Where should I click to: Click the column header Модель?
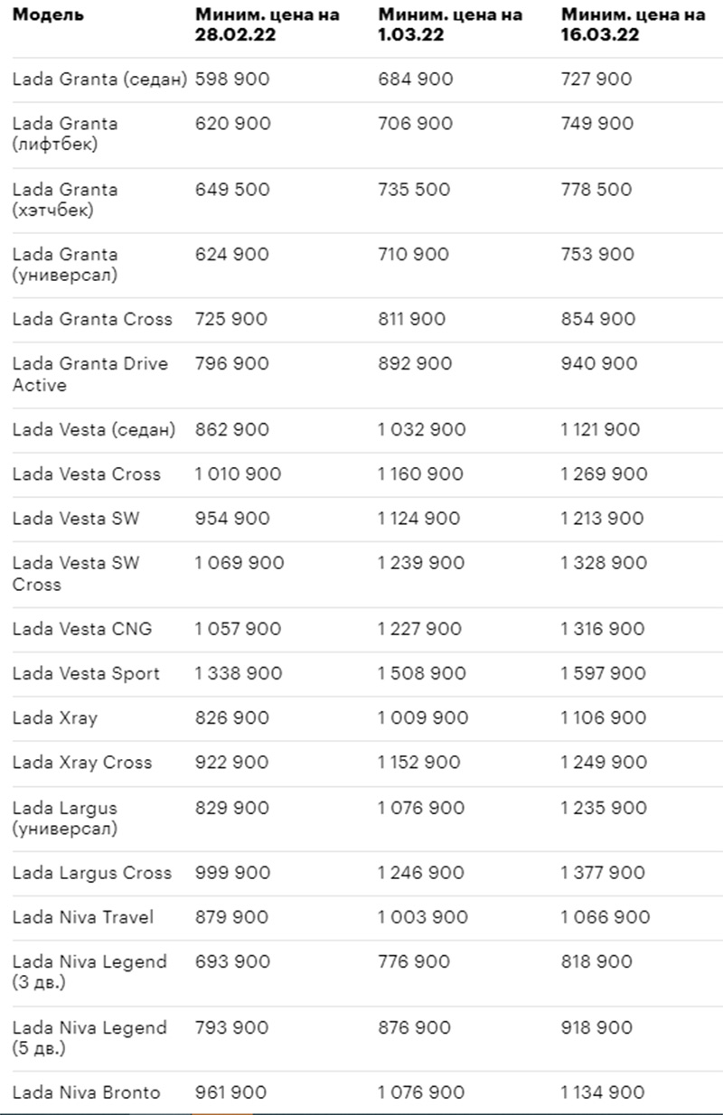[48, 15]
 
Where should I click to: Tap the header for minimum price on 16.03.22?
[633, 24]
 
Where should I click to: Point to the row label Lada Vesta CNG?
[82, 629]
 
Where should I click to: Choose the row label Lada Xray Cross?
[82, 763]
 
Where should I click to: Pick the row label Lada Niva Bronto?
[86, 1092]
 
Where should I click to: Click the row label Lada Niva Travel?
[83, 917]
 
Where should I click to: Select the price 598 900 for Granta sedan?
[232, 80]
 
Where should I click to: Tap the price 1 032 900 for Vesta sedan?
[422, 430]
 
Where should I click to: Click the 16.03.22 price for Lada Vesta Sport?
[604, 673]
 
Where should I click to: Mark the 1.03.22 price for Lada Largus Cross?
[421, 873]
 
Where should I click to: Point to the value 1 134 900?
[603, 1092]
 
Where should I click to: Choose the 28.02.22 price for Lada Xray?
[232, 717]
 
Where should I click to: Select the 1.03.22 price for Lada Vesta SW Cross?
[421, 563]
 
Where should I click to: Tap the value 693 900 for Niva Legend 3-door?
[232, 962]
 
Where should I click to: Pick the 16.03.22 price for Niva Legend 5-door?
[596, 1028]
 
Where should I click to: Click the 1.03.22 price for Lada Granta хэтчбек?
[415, 190]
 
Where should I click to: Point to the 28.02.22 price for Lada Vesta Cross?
[239, 474]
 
